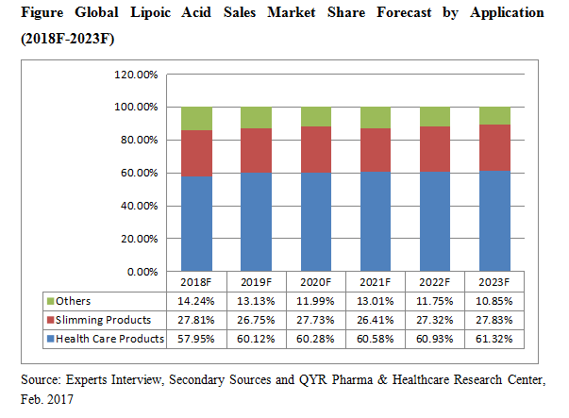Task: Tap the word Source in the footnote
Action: (39, 378)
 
